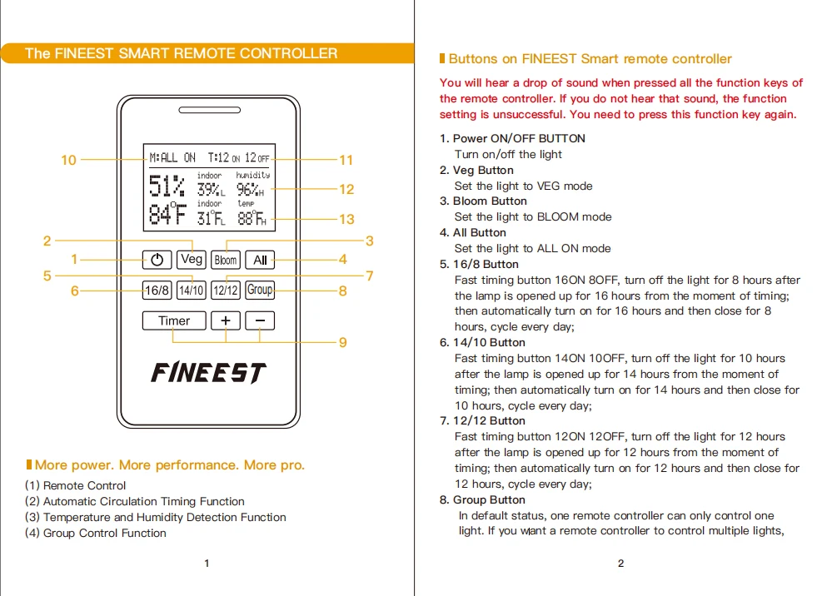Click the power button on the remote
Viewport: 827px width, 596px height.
click(x=157, y=260)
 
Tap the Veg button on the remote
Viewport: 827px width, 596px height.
click(x=191, y=259)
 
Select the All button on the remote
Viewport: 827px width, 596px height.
click(x=260, y=260)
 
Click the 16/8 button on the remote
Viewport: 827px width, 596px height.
click(x=157, y=290)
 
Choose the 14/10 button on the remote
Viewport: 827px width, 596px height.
click(x=191, y=290)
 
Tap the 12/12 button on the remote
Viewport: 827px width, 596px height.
click(x=226, y=290)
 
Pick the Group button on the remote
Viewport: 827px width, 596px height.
click(x=260, y=290)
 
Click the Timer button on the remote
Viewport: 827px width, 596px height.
click(x=174, y=320)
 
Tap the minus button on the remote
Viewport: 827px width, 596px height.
click(x=260, y=320)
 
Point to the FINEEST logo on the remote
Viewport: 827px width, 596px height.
click(x=209, y=373)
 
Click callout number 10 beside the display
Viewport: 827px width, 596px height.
click(x=68, y=160)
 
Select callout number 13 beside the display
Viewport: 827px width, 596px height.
click(x=346, y=219)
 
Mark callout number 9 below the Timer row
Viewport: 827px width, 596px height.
click(x=343, y=342)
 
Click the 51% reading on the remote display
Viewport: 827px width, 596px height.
click(x=167, y=186)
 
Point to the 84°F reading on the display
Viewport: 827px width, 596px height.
click(x=167, y=214)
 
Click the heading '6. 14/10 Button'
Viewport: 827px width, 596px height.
click(x=482, y=342)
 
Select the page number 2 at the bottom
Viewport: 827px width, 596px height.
click(x=620, y=564)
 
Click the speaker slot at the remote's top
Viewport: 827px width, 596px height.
click(x=209, y=110)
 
